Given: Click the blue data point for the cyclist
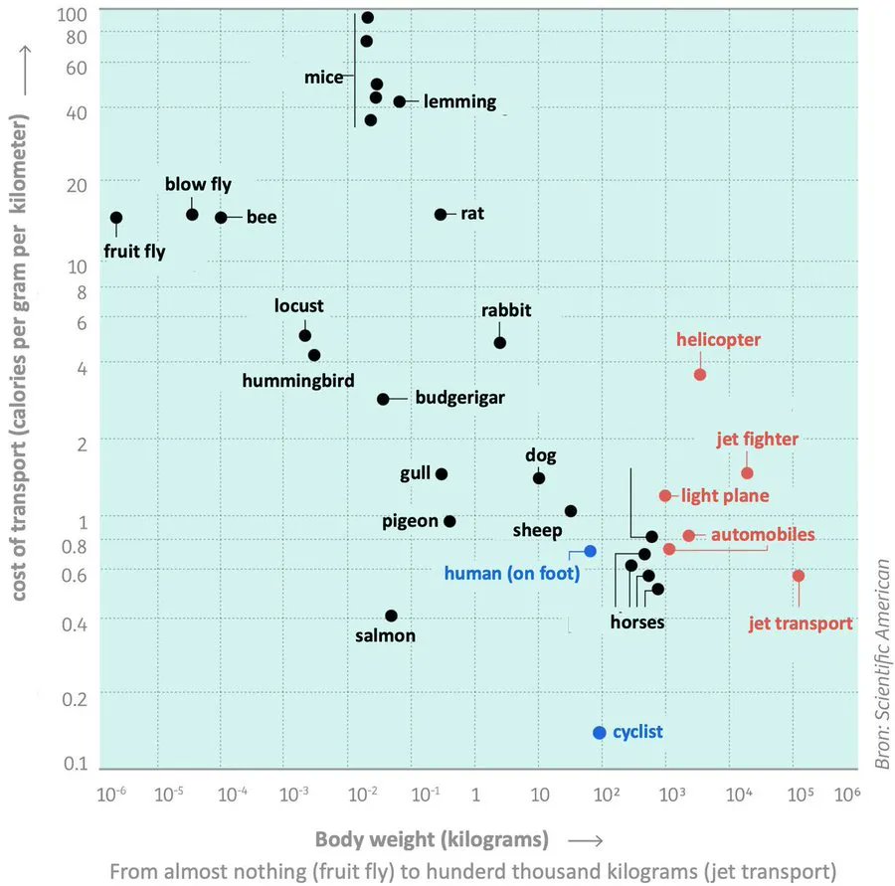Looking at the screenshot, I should pos(599,733).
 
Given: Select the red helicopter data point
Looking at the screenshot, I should pos(700,374).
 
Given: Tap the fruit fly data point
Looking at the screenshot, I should pos(116,218).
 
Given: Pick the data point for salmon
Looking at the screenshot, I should pos(391,616).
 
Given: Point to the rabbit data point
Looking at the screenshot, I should pos(499,342).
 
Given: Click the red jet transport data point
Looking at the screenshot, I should pos(798,576).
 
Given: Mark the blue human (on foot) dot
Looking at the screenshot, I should pos(590,551).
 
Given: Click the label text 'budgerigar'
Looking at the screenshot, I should pos(459,398).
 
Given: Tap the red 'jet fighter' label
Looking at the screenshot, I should pos(757,439).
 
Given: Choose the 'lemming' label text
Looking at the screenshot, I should pos(459,101).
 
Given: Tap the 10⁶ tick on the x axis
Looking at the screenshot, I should pos(846,795).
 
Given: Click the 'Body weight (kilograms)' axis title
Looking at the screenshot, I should pos(432,838).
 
